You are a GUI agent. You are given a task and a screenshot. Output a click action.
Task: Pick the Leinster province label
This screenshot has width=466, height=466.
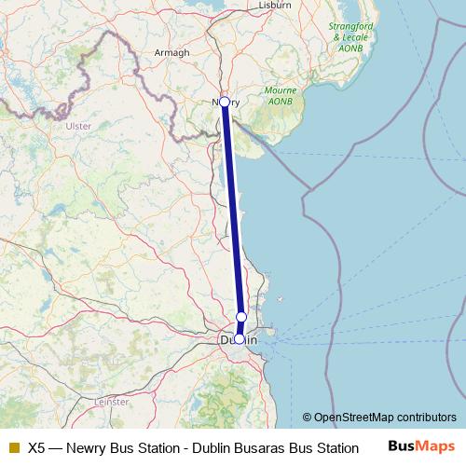(113, 402)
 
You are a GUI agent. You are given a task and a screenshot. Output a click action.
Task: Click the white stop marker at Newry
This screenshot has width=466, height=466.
(225, 102)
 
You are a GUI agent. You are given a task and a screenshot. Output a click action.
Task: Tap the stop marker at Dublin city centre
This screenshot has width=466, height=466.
(240, 340)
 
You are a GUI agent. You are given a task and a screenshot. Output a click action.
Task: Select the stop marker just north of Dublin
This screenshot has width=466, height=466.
(241, 317)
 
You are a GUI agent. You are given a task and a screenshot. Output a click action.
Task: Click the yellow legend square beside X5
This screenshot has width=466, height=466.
(13, 447)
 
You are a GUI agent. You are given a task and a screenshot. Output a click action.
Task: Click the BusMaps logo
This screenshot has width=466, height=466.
(421, 446)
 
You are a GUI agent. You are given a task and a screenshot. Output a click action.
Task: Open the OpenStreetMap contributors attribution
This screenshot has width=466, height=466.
(384, 418)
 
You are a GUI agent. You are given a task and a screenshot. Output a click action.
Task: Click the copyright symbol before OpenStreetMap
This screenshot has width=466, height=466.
(308, 418)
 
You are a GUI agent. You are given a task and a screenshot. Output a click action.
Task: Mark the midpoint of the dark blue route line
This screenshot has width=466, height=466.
(232, 221)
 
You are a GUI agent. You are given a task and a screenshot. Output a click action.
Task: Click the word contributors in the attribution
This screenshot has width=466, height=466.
(425, 418)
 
